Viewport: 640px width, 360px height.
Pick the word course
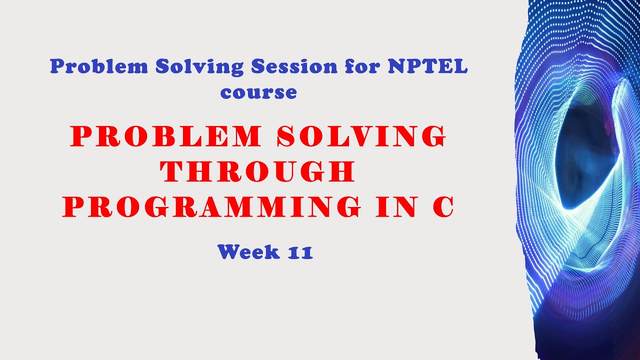[258, 92]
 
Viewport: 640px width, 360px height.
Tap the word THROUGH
[258, 171]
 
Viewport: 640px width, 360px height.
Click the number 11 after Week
[300, 252]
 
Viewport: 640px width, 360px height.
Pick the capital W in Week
[227, 251]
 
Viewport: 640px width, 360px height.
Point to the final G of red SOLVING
[433, 136]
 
